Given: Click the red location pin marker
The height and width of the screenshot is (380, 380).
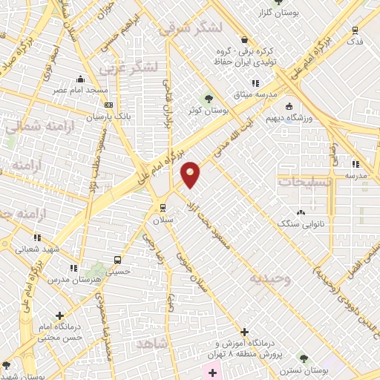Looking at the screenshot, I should (191, 174).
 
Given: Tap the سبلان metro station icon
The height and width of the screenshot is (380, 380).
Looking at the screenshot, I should (163, 208).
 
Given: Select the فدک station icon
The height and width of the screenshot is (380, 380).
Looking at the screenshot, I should (356, 30).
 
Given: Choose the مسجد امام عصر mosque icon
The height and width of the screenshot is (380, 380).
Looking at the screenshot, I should (80, 79).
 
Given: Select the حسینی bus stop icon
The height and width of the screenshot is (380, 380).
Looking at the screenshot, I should (117, 260).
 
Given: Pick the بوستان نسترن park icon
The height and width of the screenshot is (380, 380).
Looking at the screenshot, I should (302, 358).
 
